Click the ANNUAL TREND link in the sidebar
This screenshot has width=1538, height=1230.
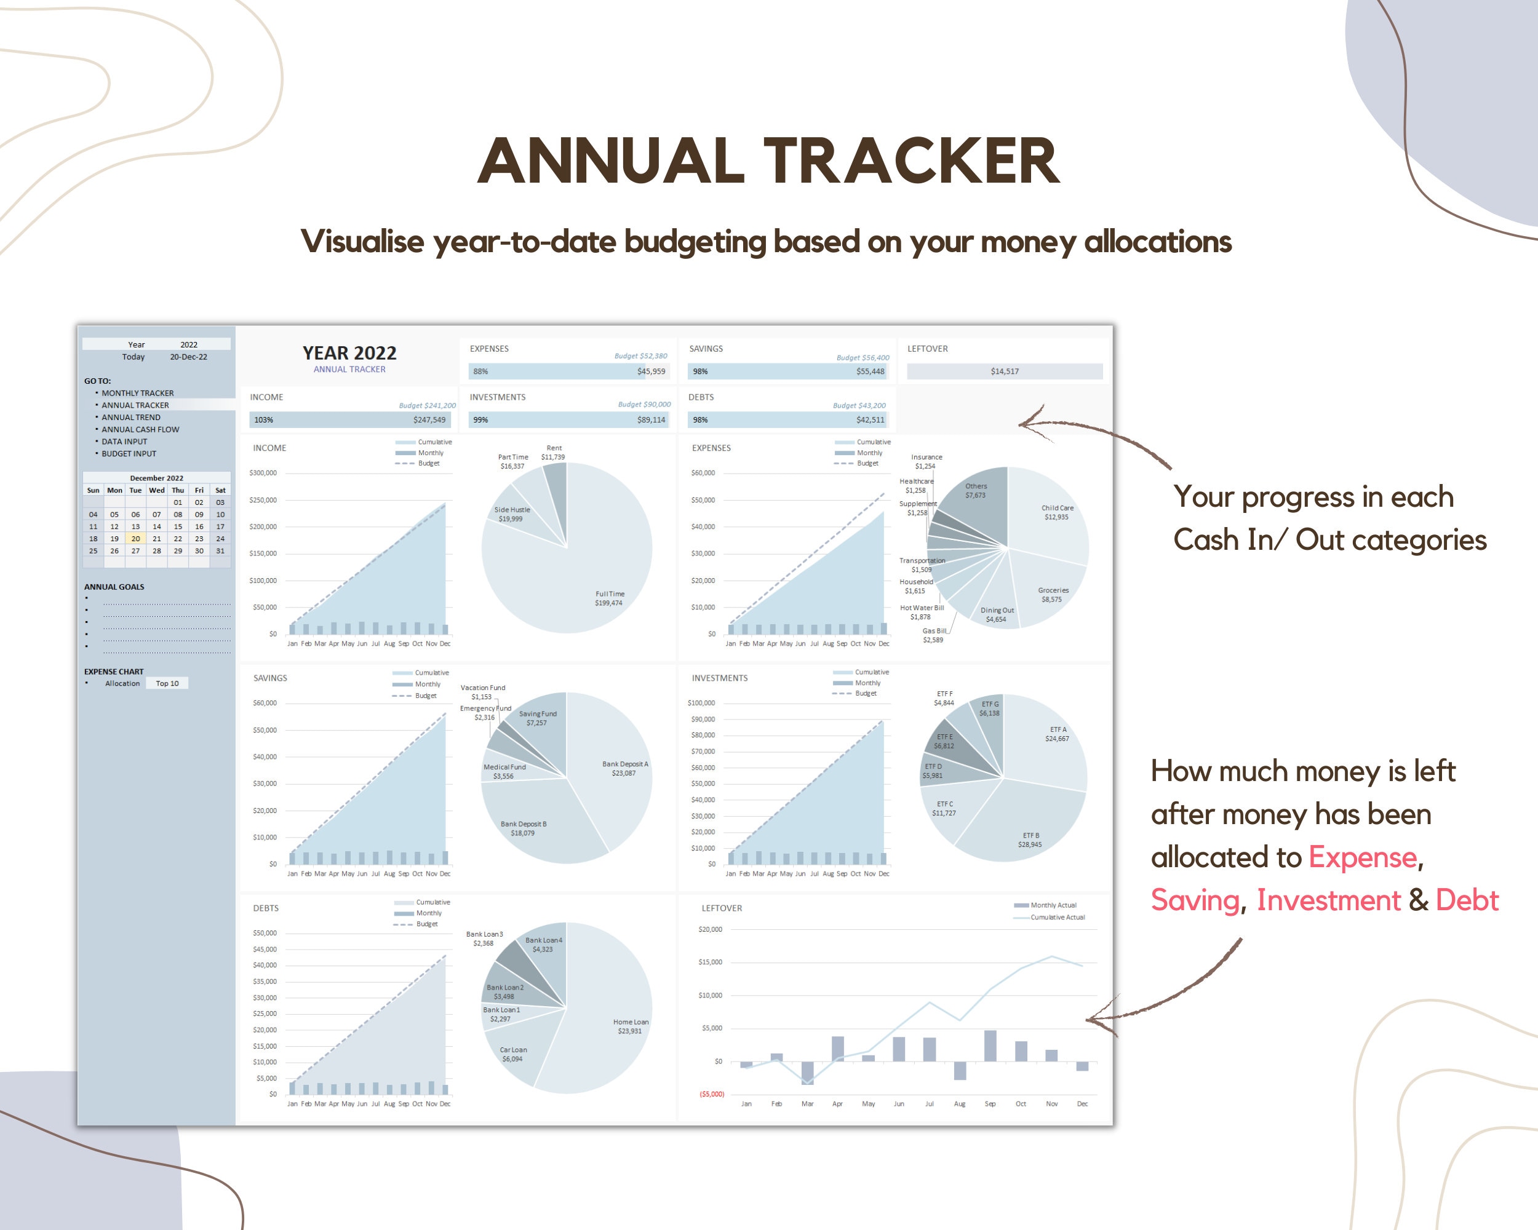(x=130, y=417)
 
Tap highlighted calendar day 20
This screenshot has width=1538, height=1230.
(x=135, y=538)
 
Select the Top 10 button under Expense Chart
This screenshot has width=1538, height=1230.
(x=167, y=683)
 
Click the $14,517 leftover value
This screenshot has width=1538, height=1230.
(x=1005, y=371)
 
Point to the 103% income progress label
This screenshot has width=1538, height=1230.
(x=263, y=420)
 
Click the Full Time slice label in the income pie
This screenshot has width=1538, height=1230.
(x=609, y=598)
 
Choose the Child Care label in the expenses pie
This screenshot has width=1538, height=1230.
(x=1057, y=512)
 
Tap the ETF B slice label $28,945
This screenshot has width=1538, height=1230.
(x=1030, y=840)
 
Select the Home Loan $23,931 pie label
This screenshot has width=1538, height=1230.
(x=631, y=1026)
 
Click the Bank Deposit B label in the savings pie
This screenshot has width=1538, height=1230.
(x=523, y=828)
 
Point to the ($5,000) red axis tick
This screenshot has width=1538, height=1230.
(x=711, y=1094)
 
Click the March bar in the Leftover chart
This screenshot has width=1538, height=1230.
(x=807, y=1073)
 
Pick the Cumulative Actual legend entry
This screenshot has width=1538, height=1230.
(x=1056, y=917)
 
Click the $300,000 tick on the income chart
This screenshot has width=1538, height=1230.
(x=263, y=473)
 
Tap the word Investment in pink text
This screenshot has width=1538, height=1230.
(x=1328, y=900)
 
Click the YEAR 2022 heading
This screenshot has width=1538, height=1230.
(x=349, y=353)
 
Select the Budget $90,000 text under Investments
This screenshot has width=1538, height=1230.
(x=643, y=404)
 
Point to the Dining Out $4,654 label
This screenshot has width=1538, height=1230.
(x=997, y=614)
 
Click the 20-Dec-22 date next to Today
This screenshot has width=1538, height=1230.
(x=188, y=357)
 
